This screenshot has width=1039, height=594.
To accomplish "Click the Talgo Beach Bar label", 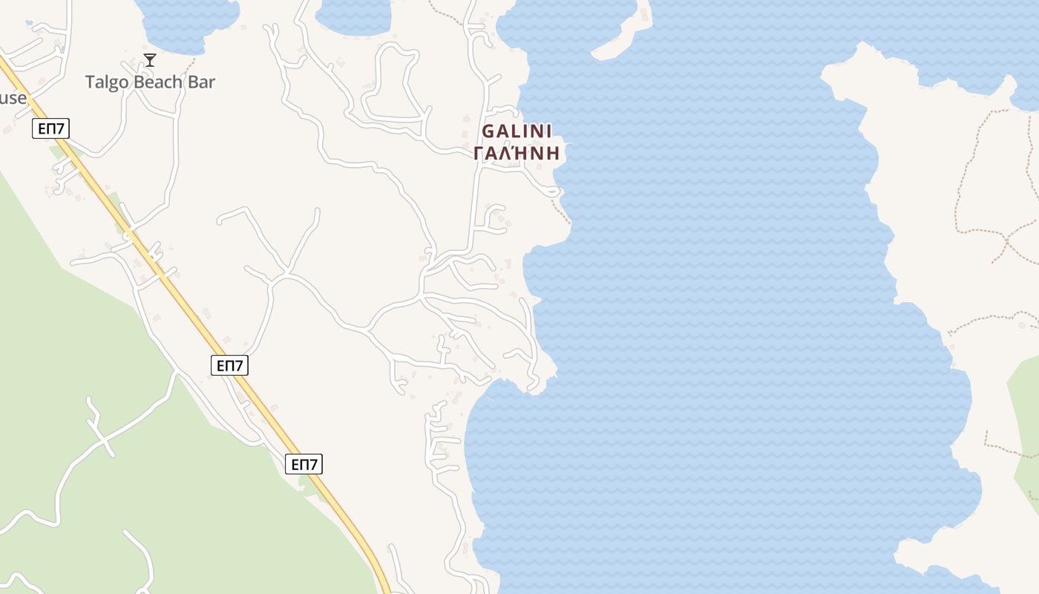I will pos(150,82).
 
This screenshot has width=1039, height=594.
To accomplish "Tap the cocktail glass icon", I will pos(150,60).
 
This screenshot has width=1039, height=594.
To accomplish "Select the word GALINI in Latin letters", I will pos(517,131).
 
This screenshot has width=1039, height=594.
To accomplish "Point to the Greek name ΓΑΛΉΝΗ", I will pos(517,154).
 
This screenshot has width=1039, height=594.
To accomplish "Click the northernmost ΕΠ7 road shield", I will pos(51,128).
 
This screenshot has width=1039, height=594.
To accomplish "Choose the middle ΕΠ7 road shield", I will pos(229,365).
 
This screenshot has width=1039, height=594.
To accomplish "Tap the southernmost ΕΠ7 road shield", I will pos(304,465).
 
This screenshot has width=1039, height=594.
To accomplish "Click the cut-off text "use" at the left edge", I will pos(13,98).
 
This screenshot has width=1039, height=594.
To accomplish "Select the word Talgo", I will pos(107,82).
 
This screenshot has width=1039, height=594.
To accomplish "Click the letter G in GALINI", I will pos(488,131).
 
